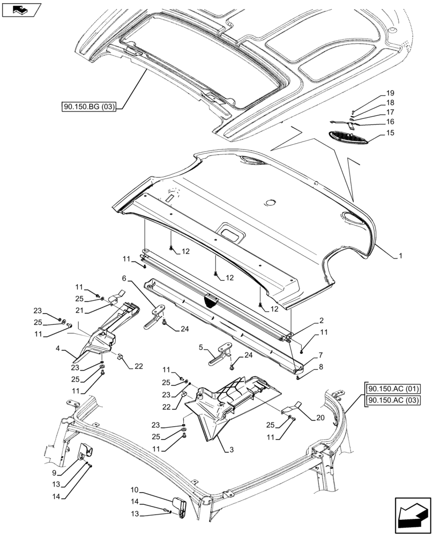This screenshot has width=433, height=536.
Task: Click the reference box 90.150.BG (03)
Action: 93,108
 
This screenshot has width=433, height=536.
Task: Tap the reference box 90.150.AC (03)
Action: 393,400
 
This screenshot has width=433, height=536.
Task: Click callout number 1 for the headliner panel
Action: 400,257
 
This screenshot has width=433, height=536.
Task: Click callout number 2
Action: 321,320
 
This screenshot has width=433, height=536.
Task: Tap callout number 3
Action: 231,449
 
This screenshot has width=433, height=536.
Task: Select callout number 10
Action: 135,490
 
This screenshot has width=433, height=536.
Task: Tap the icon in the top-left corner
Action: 21,9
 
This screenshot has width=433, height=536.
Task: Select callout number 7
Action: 320,355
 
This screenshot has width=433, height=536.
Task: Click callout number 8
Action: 321,367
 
